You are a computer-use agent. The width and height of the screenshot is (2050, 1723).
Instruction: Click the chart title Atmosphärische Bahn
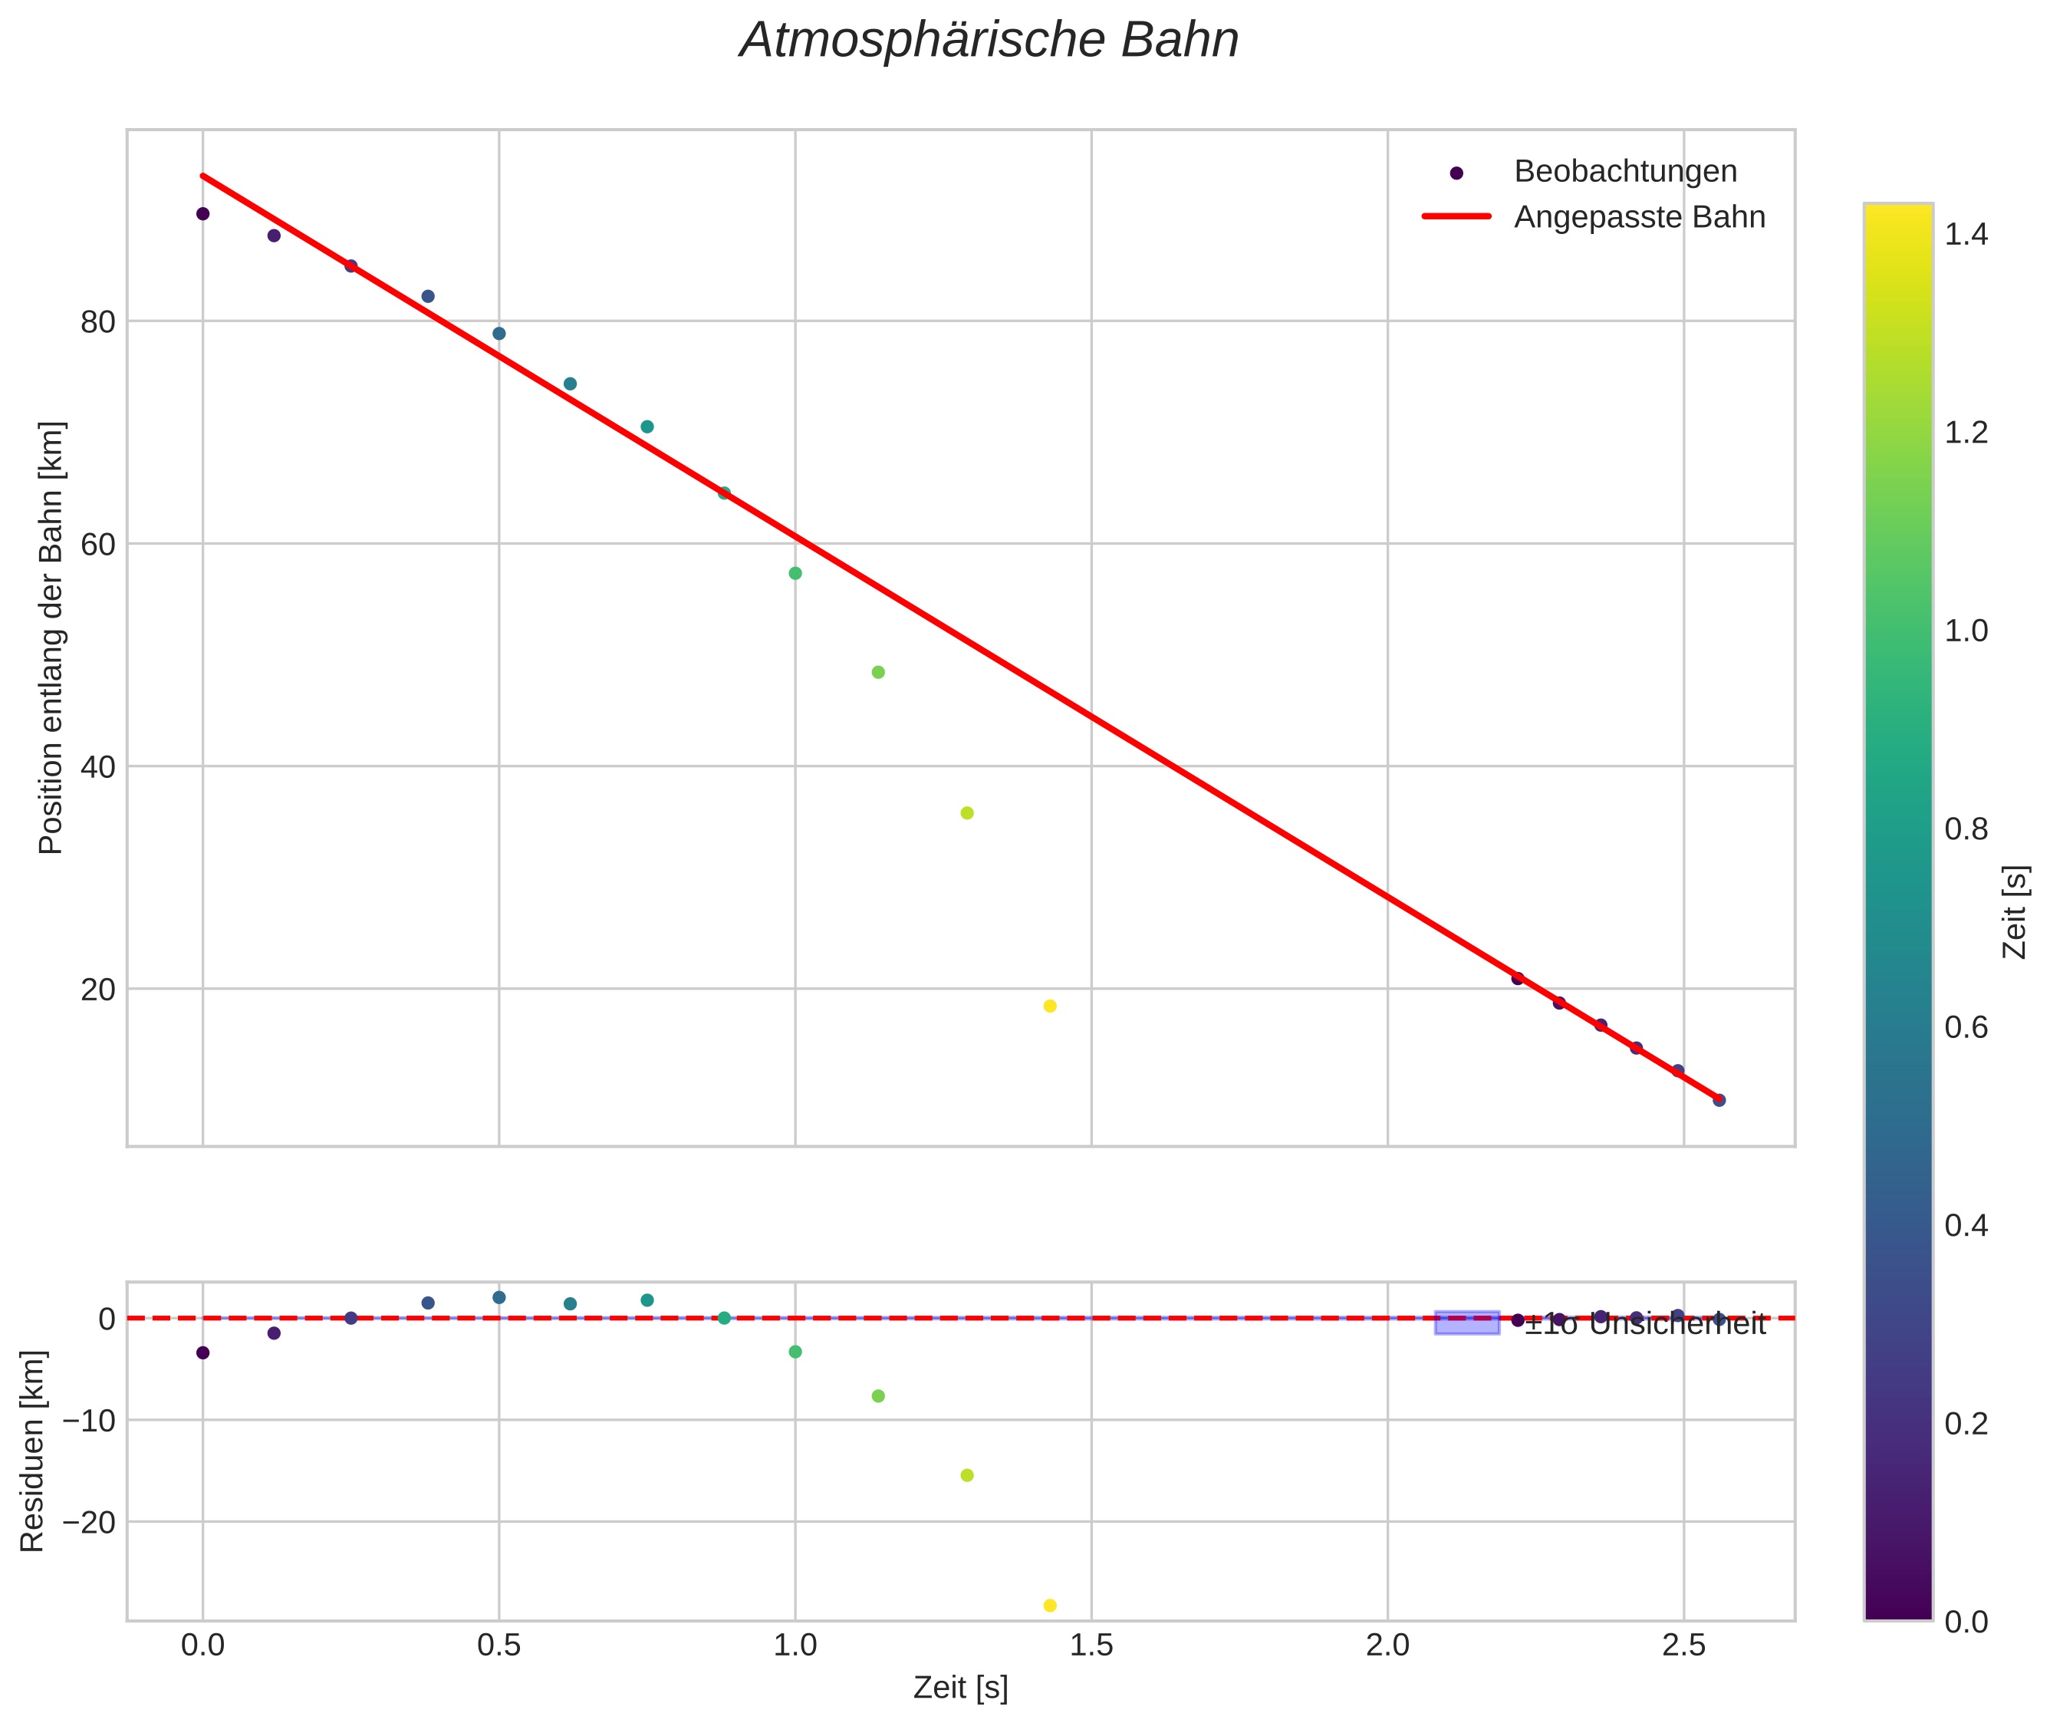tap(989, 41)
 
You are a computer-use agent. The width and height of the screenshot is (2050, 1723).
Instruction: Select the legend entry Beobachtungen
tap(1624, 172)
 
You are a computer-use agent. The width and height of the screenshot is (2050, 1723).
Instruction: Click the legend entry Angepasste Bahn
tap(1639, 217)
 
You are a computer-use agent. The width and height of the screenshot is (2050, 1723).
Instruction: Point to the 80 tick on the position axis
tap(97, 321)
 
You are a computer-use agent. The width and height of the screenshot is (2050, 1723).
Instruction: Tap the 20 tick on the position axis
tap(97, 990)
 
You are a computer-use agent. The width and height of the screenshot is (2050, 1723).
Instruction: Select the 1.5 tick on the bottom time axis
tap(1091, 1646)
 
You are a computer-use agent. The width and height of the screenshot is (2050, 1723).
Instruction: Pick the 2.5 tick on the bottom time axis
tap(1683, 1646)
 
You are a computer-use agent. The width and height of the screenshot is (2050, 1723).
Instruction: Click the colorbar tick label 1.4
tap(1965, 235)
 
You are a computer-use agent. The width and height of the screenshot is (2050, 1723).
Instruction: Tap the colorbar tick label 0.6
tap(1965, 1027)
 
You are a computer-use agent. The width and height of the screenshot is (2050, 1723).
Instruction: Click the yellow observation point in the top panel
tap(1050, 1006)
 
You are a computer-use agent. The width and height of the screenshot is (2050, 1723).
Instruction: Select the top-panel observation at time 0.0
tap(203, 214)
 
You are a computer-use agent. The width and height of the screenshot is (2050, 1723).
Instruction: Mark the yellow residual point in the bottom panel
tap(1050, 1605)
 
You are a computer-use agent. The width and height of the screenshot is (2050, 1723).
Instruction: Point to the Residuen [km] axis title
tap(32, 1451)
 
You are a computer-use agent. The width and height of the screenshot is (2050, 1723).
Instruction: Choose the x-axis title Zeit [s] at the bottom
tap(960, 1688)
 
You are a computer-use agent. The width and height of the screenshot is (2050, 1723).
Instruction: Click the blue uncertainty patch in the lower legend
tap(1467, 1323)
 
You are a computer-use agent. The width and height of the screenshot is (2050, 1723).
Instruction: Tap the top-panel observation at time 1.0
tap(795, 573)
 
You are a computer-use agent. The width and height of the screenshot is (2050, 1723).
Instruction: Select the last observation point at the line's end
tap(1719, 1100)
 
